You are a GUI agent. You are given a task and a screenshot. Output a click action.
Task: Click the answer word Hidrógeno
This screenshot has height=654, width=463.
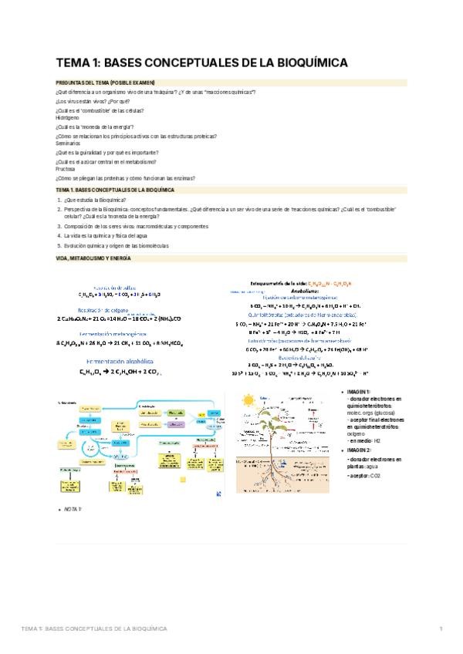pyautogui.click(x=68, y=118)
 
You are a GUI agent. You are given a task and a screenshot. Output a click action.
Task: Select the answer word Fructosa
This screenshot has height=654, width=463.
pyautogui.click(x=66, y=169)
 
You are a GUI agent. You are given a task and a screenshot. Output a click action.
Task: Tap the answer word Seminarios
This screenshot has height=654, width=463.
pyautogui.click(x=69, y=143)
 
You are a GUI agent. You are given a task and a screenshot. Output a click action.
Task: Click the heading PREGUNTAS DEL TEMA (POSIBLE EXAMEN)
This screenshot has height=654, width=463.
pyautogui.click(x=106, y=83)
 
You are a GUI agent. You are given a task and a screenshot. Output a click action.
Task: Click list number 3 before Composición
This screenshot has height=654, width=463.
pyautogui.click(x=59, y=227)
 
